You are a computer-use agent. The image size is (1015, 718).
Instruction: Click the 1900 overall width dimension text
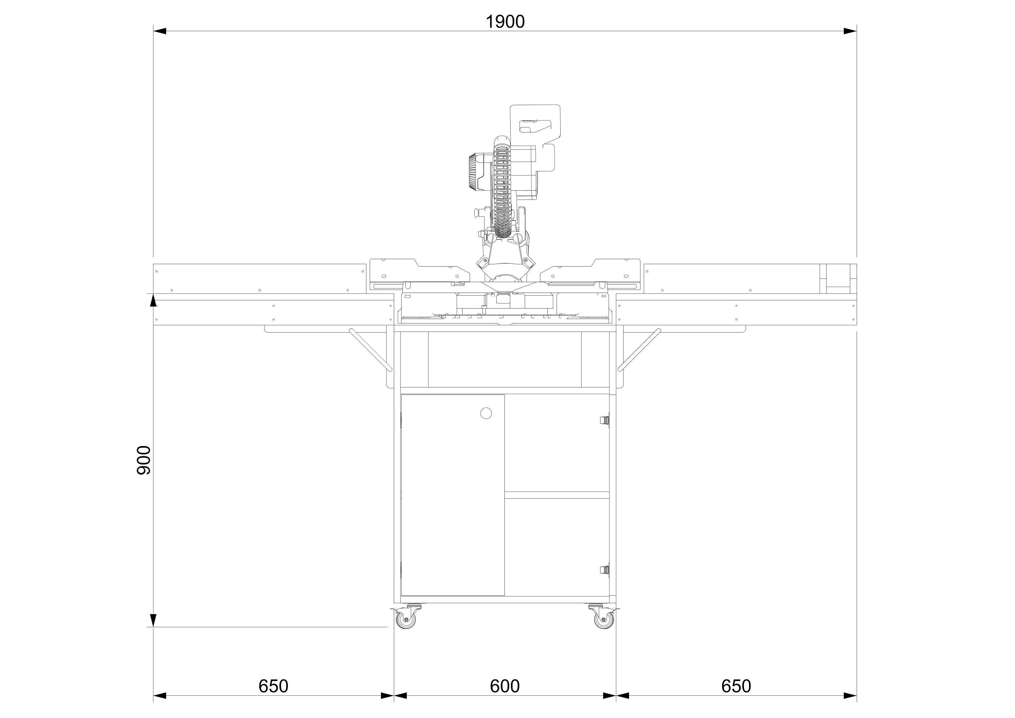(505, 22)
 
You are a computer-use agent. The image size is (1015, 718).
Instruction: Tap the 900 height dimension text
(144, 460)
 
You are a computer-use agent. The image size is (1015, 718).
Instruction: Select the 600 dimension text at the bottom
(504, 686)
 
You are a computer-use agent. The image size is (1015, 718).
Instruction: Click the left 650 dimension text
(273, 686)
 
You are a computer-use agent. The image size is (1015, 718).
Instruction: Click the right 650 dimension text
(736, 686)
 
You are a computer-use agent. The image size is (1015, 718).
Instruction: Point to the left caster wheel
(406, 620)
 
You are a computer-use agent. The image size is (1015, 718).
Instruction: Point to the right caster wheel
(604, 620)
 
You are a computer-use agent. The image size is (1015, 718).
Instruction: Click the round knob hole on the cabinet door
(486, 413)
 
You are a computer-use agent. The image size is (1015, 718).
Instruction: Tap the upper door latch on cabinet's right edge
(604, 420)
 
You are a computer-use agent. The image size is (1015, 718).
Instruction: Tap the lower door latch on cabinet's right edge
(604, 570)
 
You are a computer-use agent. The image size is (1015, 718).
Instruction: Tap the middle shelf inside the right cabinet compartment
(557, 495)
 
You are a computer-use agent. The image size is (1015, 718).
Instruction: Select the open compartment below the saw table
(504, 359)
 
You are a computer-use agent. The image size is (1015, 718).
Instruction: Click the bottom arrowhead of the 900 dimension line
(153, 620)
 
